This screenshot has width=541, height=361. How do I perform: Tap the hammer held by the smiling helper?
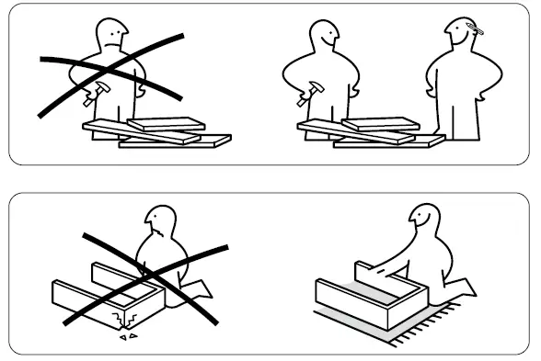(x=315, y=89)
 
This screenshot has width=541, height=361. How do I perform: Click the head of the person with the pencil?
(x=459, y=36)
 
